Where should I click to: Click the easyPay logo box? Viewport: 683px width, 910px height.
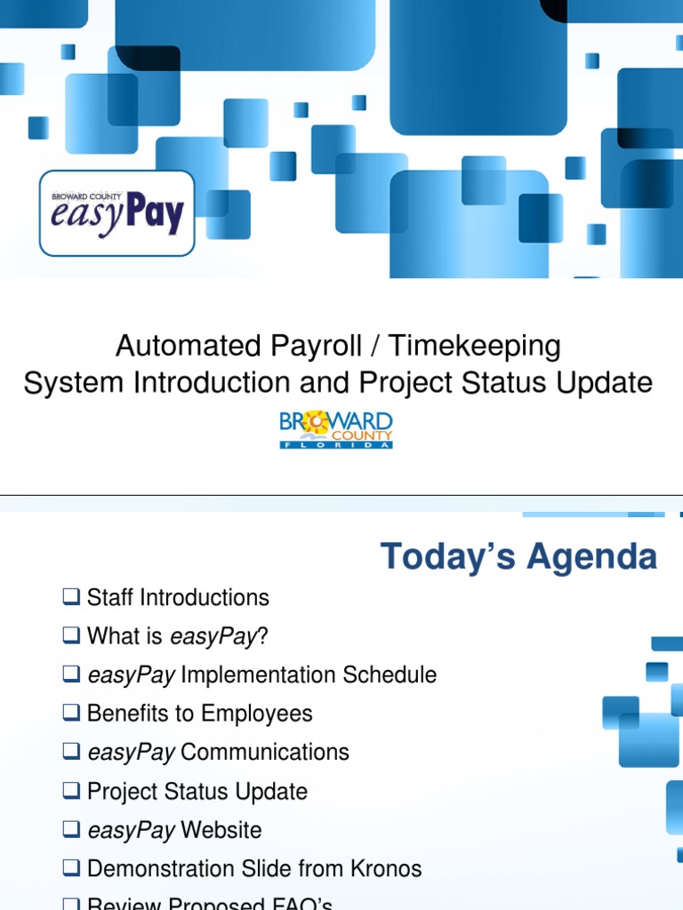pos(117,213)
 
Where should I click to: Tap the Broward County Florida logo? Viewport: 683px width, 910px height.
pos(336,429)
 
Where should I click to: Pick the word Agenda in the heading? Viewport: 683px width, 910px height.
pos(591,557)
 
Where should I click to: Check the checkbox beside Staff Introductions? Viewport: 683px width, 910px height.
pos(71,597)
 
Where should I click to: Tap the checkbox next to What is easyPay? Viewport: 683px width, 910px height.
pos(71,636)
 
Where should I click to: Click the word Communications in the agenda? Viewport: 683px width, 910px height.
pos(264,752)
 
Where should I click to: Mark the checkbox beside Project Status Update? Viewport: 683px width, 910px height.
pos(71,791)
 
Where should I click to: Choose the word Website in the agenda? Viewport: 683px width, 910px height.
pos(221,830)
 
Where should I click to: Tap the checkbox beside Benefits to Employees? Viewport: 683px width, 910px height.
pos(71,714)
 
